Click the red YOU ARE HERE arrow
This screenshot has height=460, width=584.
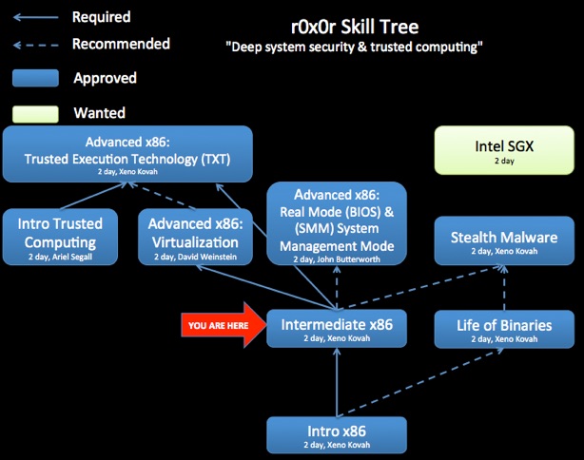pos(224,325)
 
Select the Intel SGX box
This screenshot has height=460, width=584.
pos(504,150)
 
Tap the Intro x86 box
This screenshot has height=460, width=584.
pos(337,435)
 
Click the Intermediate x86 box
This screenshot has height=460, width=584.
pos(337,329)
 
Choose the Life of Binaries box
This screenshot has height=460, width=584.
pos(504,330)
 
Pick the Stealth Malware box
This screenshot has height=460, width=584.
pos(504,240)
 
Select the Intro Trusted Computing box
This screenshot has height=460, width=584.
pos(60,237)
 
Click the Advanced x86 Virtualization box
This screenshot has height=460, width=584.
pos(196,237)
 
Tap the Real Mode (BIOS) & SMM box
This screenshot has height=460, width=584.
pos(337,223)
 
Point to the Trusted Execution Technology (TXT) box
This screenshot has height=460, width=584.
pos(127,154)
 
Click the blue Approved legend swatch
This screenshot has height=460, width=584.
pos(35,78)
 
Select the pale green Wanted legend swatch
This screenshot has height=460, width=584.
pos(35,114)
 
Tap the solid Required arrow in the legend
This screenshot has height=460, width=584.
pos(36,17)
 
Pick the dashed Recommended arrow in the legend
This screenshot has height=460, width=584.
pos(36,46)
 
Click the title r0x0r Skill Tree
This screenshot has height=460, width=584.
pos(355,27)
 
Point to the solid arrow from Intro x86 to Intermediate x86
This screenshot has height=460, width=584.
pos(337,382)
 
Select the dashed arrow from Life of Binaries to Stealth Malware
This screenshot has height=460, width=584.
pos(504,288)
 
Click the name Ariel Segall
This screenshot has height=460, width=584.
pos(72,257)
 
